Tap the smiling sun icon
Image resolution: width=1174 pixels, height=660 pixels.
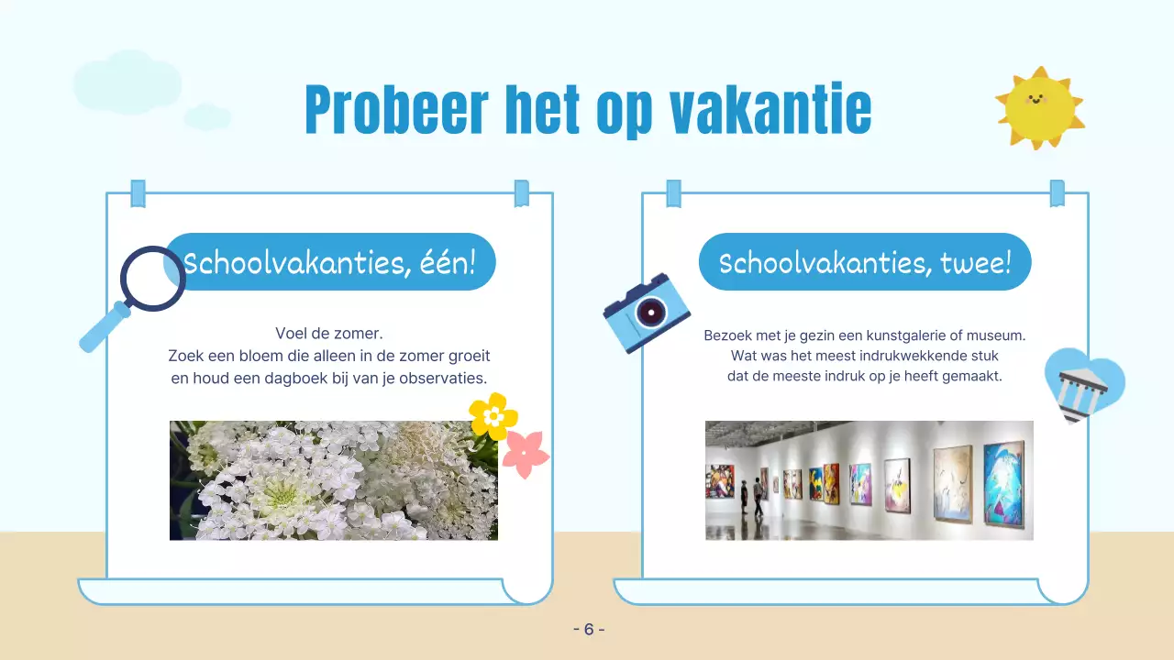click(x=1039, y=107)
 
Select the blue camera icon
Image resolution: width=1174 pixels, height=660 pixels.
click(x=647, y=313)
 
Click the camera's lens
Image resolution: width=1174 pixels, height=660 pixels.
click(x=652, y=312)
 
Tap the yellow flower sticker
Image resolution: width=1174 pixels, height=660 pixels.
click(x=493, y=416)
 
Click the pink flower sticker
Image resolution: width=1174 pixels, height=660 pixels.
click(x=526, y=454)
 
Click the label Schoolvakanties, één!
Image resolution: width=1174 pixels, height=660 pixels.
click(x=330, y=263)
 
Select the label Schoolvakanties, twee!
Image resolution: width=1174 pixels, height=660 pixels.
click(x=865, y=263)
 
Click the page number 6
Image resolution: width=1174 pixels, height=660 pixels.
click(x=588, y=629)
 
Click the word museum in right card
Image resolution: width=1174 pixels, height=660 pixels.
click(x=995, y=335)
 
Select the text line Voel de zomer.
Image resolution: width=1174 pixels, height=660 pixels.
click(x=328, y=334)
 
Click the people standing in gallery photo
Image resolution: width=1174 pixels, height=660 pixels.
click(x=749, y=499)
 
